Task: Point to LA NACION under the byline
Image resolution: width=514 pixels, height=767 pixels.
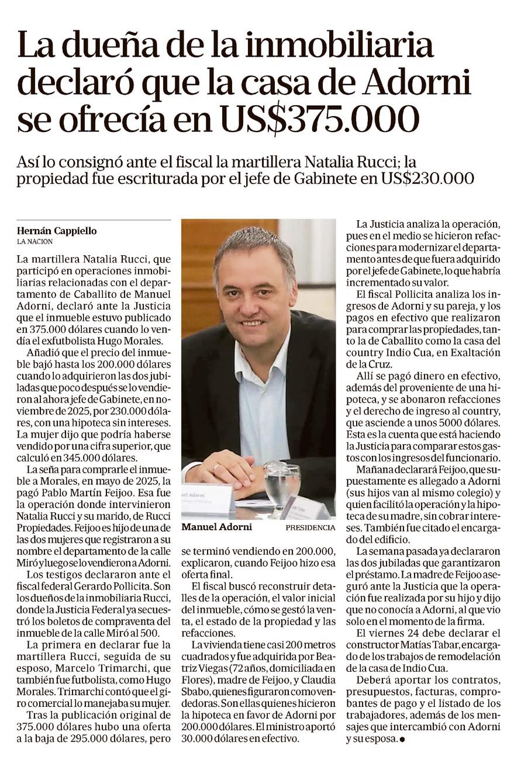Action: tap(35, 241)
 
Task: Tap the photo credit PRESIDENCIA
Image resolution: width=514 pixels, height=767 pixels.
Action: tap(311, 527)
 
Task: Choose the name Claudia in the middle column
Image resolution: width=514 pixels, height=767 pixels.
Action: tap(317, 679)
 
